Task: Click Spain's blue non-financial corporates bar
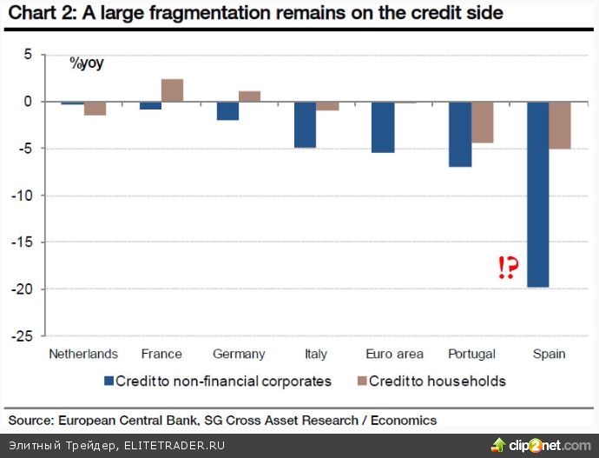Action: click(x=537, y=194)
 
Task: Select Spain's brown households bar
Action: click(x=559, y=125)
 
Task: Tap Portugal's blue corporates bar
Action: click(x=459, y=134)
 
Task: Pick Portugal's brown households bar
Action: click(x=482, y=122)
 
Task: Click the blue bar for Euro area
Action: click(x=382, y=127)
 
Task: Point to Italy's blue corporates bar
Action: click(x=304, y=124)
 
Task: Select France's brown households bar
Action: click(x=172, y=90)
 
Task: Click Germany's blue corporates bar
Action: click(x=227, y=110)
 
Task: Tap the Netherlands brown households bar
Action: click(x=95, y=109)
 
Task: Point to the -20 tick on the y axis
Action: click(x=24, y=289)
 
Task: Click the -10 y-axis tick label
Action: click(x=24, y=196)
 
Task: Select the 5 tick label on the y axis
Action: click(x=27, y=55)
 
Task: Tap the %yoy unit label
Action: click(x=86, y=63)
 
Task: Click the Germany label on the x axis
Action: click(x=238, y=354)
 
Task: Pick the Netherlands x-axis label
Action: click(x=83, y=354)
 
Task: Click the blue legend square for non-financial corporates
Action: click(x=109, y=381)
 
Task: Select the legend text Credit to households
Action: click(x=438, y=381)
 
